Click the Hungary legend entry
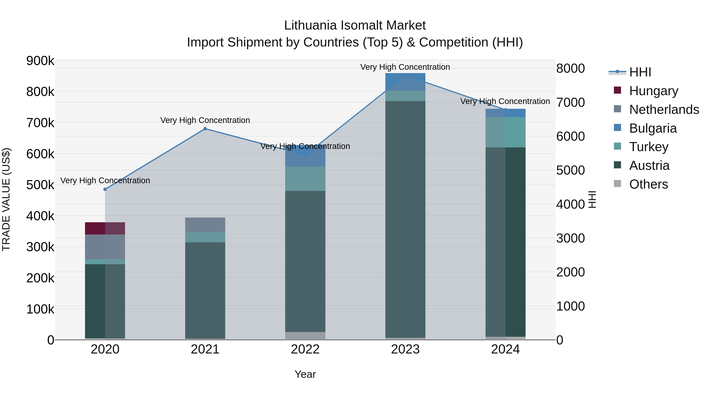pyautogui.click(x=653, y=91)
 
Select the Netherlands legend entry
pyautogui.click(x=664, y=110)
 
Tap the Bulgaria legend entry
pyautogui.click(x=653, y=128)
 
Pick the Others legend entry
pyautogui.click(x=648, y=184)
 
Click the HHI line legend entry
pyautogui.click(x=640, y=72)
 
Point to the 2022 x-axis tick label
pyautogui.click(x=305, y=349)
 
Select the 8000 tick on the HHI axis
pyautogui.click(x=570, y=68)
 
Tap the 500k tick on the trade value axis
pyautogui.click(x=40, y=185)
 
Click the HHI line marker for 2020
pyautogui.click(x=105, y=189)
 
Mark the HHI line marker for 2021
pyautogui.click(x=205, y=129)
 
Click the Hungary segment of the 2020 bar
pyautogui.click(x=105, y=228)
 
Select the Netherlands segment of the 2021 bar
pyautogui.click(x=205, y=225)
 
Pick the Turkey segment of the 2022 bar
pyautogui.click(x=305, y=179)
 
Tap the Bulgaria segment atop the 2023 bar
pyautogui.click(x=405, y=82)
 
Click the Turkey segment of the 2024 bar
pyautogui.click(x=505, y=132)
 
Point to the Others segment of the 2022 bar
pyautogui.click(x=305, y=336)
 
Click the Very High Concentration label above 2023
pyautogui.click(x=405, y=67)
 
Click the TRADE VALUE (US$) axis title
pyautogui.click(x=6, y=200)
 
